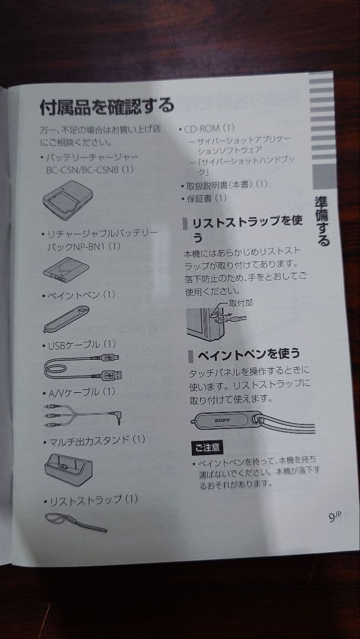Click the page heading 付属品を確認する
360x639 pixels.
click(107, 106)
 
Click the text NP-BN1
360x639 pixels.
click(89, 247)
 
